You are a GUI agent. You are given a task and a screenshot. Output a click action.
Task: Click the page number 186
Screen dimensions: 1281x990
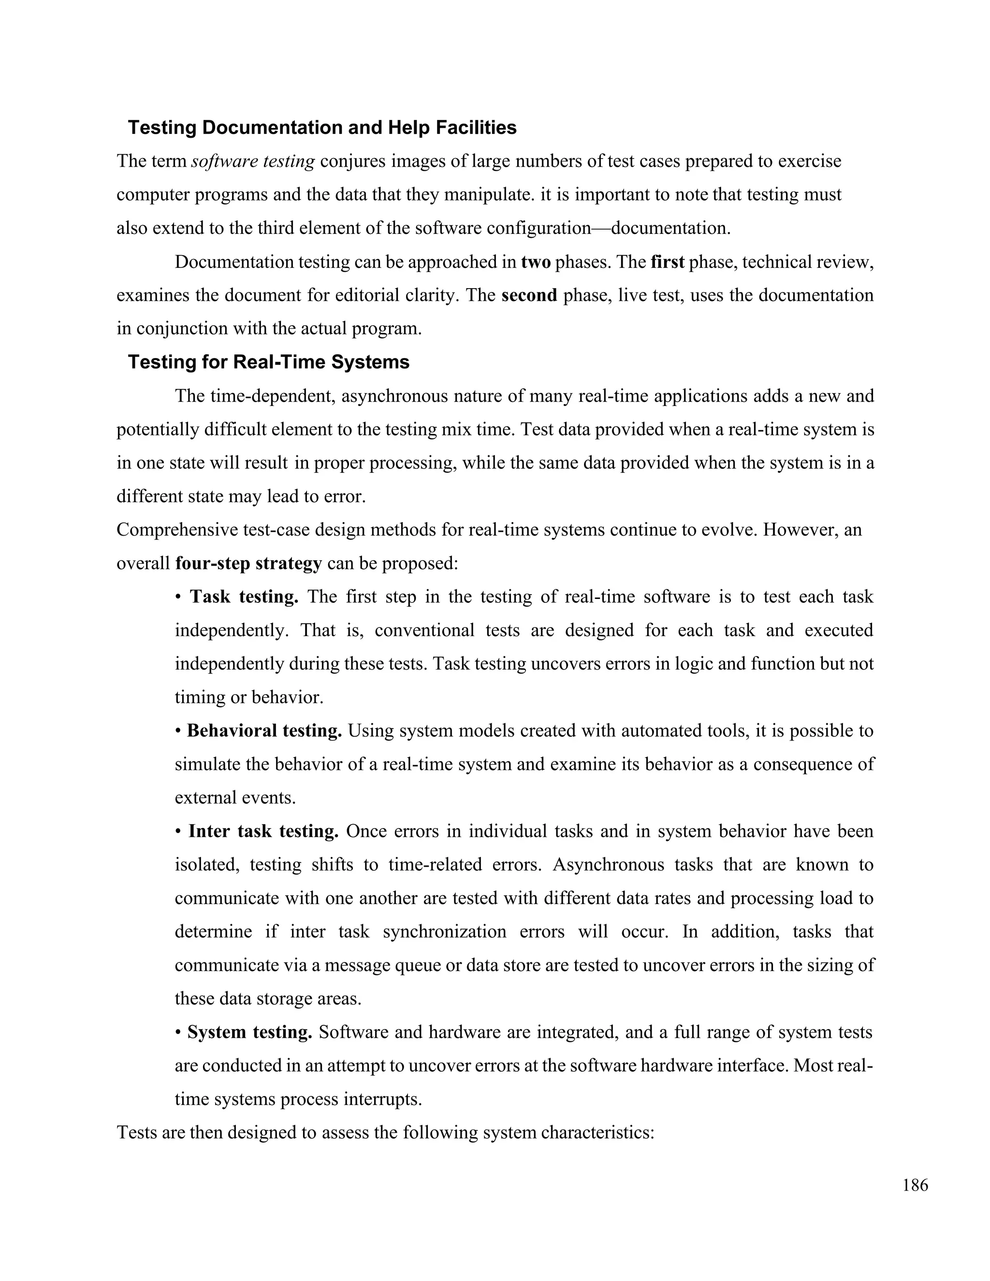tap(915, 1185)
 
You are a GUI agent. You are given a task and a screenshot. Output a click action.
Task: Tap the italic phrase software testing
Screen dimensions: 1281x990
tap(253, 160)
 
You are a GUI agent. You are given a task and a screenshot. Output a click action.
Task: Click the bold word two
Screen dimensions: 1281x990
tap(536, 262)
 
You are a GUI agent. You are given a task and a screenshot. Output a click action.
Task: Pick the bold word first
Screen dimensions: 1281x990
tap(668, 262)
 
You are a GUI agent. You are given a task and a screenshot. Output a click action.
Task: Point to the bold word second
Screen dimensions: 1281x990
tap(529, 295)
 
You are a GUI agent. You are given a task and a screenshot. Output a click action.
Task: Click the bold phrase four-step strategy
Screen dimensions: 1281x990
tap(248, 563)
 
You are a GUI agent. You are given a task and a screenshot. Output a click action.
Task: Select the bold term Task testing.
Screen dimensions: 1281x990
tap(244, 597)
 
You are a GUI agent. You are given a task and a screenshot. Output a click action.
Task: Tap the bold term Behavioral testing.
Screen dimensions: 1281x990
tap(264, 731)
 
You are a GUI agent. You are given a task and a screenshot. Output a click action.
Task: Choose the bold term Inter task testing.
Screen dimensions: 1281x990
tap(263, 831)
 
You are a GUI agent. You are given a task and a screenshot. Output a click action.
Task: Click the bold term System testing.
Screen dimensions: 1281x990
tap(249, 1033)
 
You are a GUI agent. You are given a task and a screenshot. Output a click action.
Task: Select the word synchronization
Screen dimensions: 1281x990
tap(444, 932)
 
